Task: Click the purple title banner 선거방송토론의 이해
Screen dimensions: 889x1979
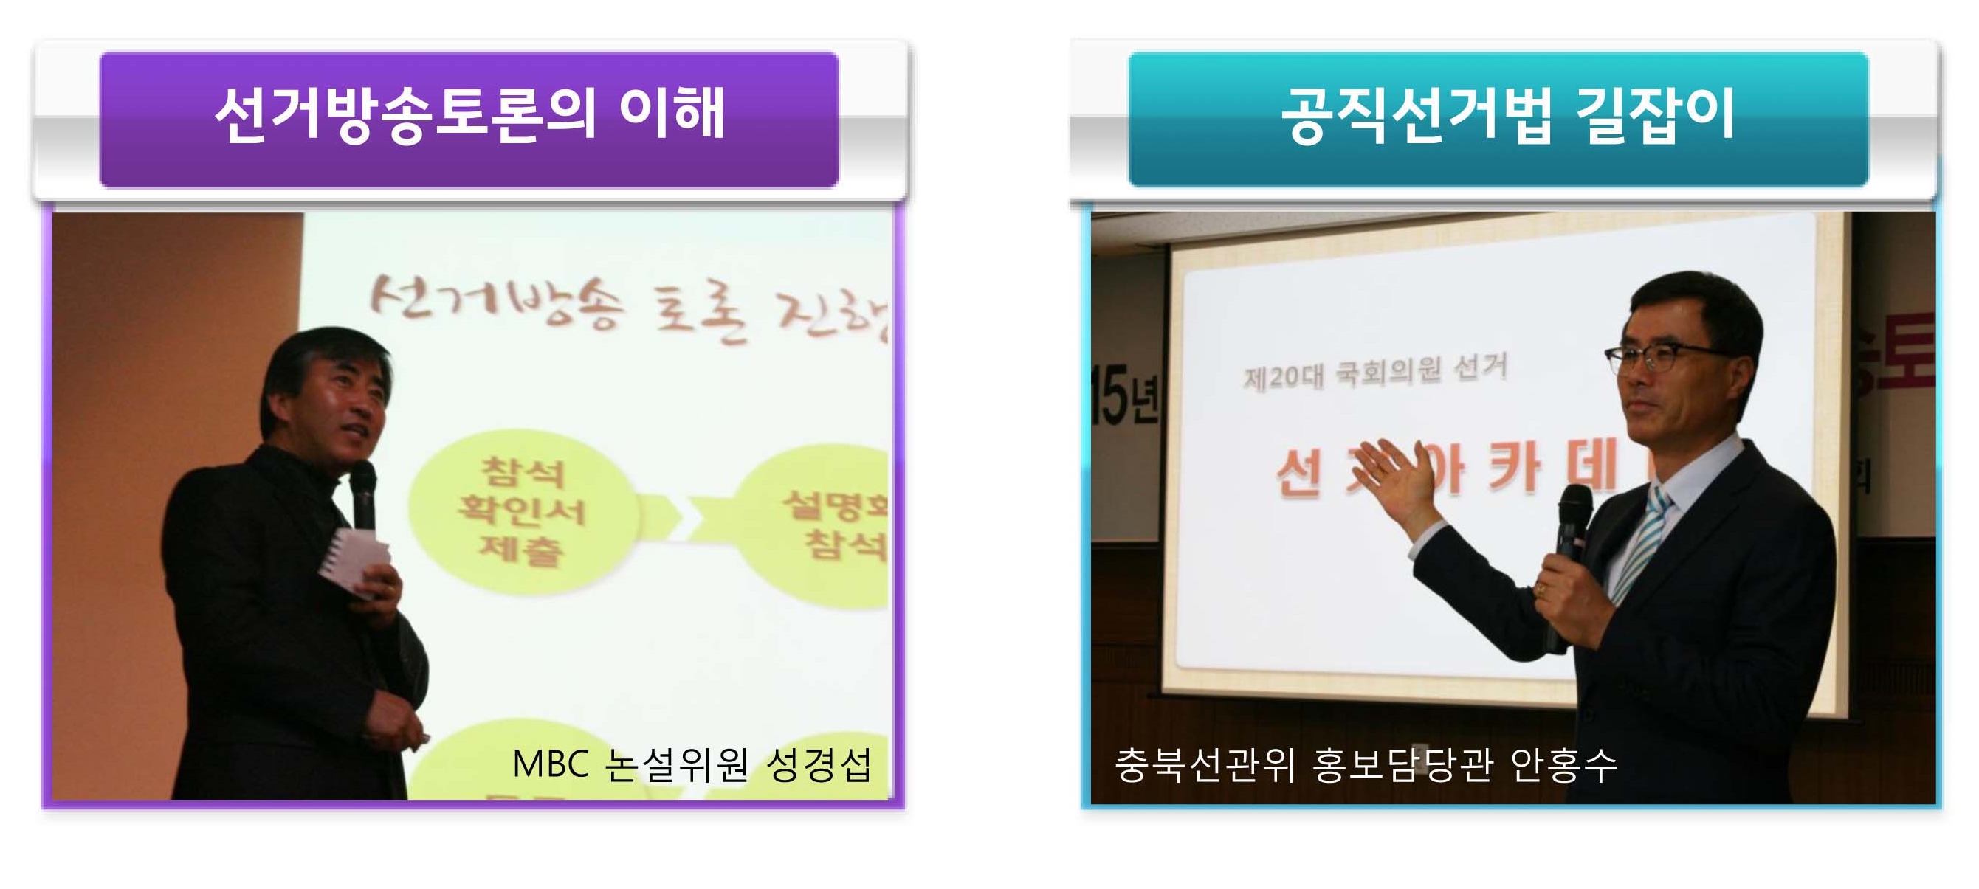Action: tap(469, 119)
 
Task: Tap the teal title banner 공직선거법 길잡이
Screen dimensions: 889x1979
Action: tap(1498, 119)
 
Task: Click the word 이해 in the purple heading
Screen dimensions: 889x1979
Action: tap(672, 114)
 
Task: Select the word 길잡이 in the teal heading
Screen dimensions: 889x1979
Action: tap(1656, 115)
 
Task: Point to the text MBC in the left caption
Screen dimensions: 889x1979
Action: tap(550, 764)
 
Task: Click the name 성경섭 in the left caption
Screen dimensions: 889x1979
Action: tap(819, 764)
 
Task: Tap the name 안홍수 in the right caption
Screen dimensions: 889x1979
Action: tap(1564, 764)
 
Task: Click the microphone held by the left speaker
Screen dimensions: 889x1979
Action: tap(362, 491)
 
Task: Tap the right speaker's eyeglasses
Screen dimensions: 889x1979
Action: tap(1659, 357)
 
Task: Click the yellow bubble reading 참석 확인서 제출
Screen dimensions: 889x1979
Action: tap(523, 511)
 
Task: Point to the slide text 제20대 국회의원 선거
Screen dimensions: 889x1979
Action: tap(1375, 373)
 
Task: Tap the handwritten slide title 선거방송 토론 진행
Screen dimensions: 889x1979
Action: tap(626, 311)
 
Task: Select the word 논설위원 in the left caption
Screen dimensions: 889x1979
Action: tap(676, 764)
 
